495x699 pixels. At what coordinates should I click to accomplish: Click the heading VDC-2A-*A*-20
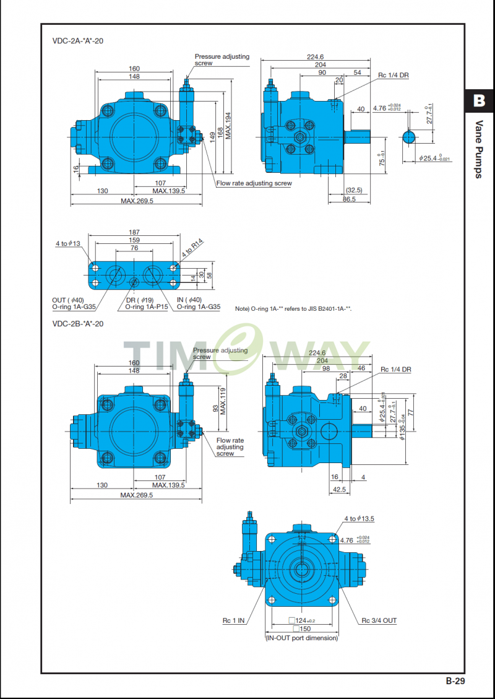[x=77, y=41]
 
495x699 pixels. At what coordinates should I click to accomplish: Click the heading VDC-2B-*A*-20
[x=77, y=324]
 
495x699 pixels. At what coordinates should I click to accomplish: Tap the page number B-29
[x=455, y=681]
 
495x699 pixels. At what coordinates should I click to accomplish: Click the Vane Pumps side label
[x=479, y=149]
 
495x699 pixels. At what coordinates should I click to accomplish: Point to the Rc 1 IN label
[x=234, y=620]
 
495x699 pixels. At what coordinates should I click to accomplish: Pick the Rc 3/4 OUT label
[x=379, y=620]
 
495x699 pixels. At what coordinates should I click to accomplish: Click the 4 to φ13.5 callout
[x=359, y=518]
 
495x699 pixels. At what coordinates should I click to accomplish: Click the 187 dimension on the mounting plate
[x=134, y=232]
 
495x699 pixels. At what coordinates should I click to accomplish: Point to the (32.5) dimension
[x=354, y=190]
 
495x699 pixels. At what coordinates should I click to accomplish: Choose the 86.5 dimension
[x=350, y=199]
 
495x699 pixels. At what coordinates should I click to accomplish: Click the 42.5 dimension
[x=339, y=489]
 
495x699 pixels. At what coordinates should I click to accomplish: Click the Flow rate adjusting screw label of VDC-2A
[x=254, y=183]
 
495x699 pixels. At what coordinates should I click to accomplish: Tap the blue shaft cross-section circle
[x=409, y=137]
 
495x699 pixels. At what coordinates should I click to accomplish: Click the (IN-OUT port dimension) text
[x=301, y=638]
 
